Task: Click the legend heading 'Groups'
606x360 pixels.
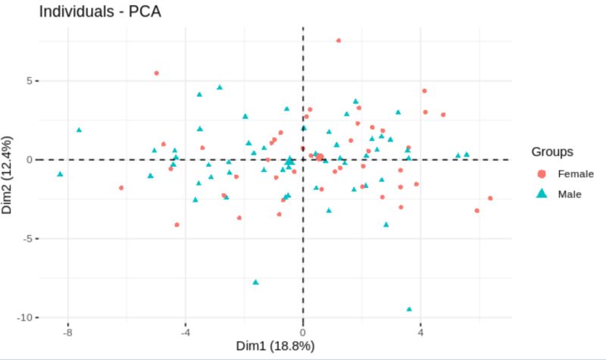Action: pos(551,152)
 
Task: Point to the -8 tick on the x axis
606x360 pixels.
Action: pos(68,331)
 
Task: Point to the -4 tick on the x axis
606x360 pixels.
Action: pos(186,331)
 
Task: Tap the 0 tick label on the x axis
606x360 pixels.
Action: pos(303,331)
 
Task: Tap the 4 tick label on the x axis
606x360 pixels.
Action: pos(420,331)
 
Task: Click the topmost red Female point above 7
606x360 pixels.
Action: pos(339,40)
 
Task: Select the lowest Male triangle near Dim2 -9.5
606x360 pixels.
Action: pos(409,309)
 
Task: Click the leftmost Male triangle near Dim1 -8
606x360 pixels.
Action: pos(60,174)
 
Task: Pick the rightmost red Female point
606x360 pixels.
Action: pos(490,199)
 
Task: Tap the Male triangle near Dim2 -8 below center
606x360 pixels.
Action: pos(255,282)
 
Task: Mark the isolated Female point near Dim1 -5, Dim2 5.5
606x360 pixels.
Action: pos(157,74)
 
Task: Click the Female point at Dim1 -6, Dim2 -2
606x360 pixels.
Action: pos(121,188)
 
